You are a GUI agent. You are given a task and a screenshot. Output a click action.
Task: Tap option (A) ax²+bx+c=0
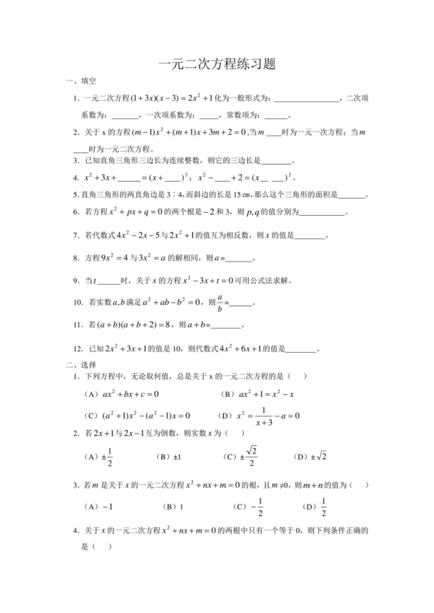click(124, 393)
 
